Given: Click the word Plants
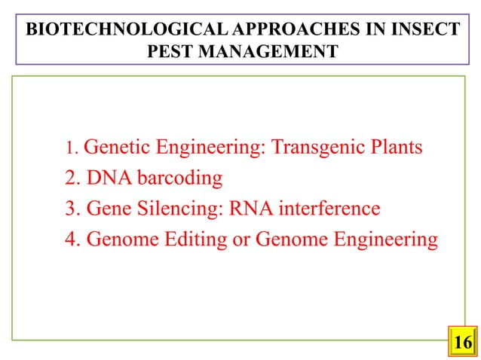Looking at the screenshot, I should click(x=395, y=148).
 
